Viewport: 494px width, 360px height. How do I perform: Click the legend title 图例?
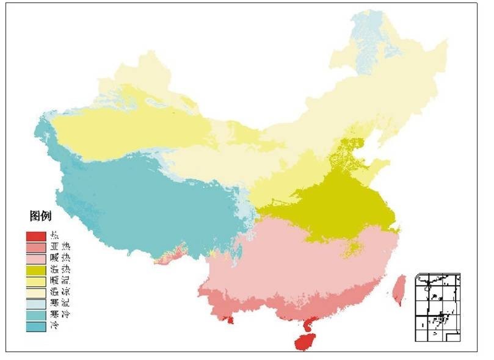coord(40,215)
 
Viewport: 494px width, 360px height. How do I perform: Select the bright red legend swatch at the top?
coord(34,236)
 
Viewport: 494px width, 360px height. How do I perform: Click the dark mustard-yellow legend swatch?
coord(34,269)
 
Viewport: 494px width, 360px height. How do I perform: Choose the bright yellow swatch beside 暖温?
coord(34,281)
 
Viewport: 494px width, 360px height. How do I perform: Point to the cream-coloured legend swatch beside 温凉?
coord(34,292)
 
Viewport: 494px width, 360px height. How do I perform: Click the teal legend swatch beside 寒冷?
coord(34,314)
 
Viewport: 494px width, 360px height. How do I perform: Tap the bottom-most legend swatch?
coord(34,325)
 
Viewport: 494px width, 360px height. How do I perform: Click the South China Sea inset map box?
coord(437,307)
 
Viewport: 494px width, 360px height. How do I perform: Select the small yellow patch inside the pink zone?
coord(352,248)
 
